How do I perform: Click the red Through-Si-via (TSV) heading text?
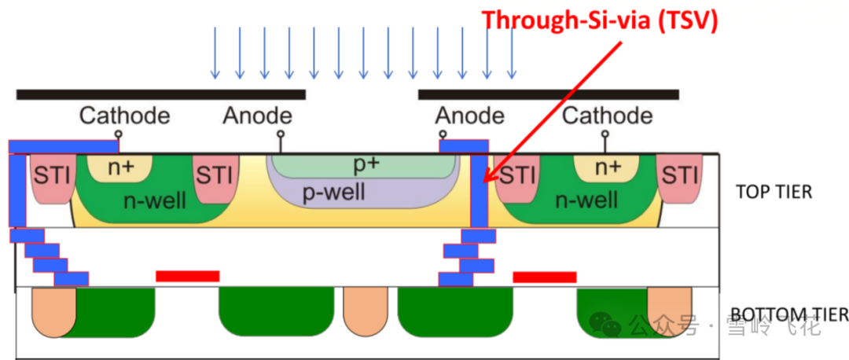[600, 20]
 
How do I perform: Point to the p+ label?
[366, 165]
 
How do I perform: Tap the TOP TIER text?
[774, 192]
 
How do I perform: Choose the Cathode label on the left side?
[124, 116]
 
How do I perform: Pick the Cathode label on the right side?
[607, 116]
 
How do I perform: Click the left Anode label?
[257, 116]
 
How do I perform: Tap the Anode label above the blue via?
[469, 116]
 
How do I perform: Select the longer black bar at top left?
[160, 94]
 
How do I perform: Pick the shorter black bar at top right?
[548, 94]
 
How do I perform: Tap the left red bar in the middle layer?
[187, 276]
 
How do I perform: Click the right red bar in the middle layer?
[544, 277]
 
